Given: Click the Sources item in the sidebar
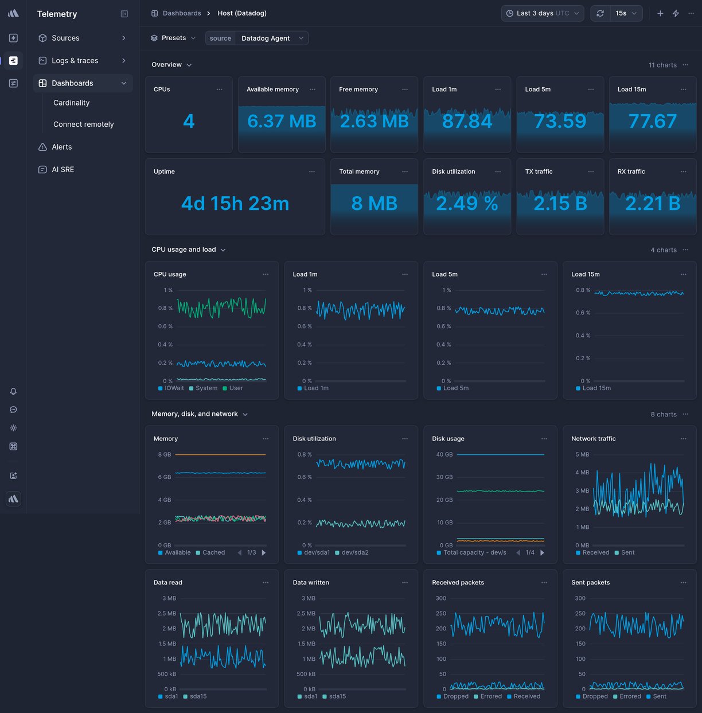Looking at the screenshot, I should click(65, 38).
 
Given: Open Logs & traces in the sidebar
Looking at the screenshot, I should click(75, 60).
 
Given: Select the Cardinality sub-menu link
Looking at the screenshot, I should click(71, 103).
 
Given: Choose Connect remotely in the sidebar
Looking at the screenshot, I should click(83, 124).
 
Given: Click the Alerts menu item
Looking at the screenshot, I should click(61, 147).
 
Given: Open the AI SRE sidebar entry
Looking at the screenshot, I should click(63, 169).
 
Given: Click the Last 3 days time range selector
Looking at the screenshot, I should click(542, 13).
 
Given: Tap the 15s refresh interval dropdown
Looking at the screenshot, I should click(626, 13).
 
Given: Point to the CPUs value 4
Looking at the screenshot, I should click(189, 121).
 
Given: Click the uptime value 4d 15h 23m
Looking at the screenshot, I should click(235, 204).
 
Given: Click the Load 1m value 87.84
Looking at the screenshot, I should click(467, 121).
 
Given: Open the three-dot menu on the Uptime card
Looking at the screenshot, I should click(312, 172).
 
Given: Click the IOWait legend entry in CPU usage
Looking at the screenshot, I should click(174, 388).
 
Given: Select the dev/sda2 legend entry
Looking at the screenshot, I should click(354, 552).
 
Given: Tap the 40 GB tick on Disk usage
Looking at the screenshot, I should click(444, 454).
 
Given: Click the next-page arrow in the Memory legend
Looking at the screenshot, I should click(264, 552).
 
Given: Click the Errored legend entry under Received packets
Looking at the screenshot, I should click(491, 696).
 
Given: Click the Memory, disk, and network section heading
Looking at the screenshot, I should click(194, 414).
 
